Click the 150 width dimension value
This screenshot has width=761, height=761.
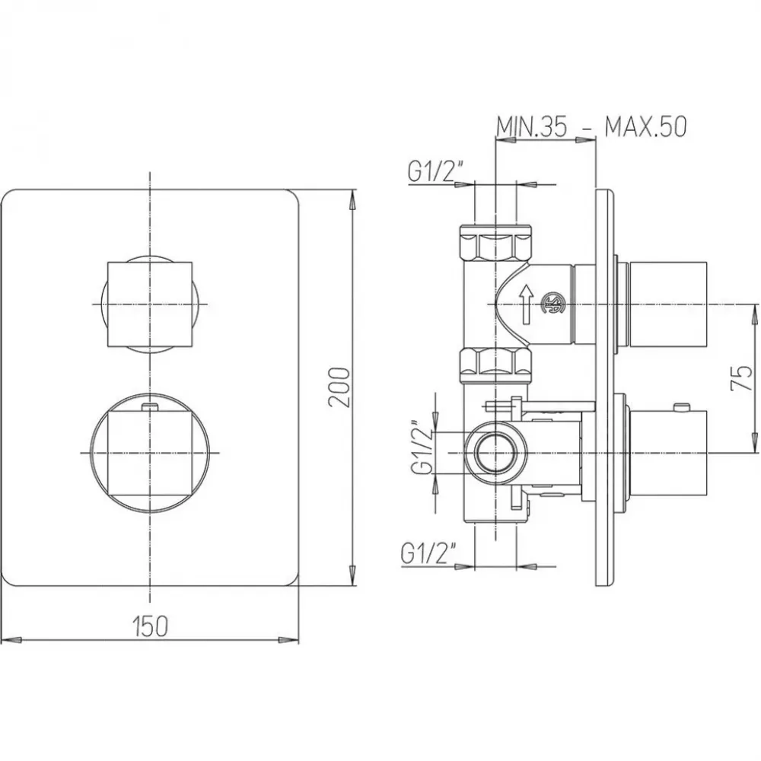(150, 626)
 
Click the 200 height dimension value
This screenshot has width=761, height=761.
(339, 387)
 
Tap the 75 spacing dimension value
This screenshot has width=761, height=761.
(741, 378)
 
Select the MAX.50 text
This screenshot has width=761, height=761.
(645, 127)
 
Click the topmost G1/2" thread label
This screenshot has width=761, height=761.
(435, 171)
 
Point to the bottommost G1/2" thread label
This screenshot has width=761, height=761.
(428, 552)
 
